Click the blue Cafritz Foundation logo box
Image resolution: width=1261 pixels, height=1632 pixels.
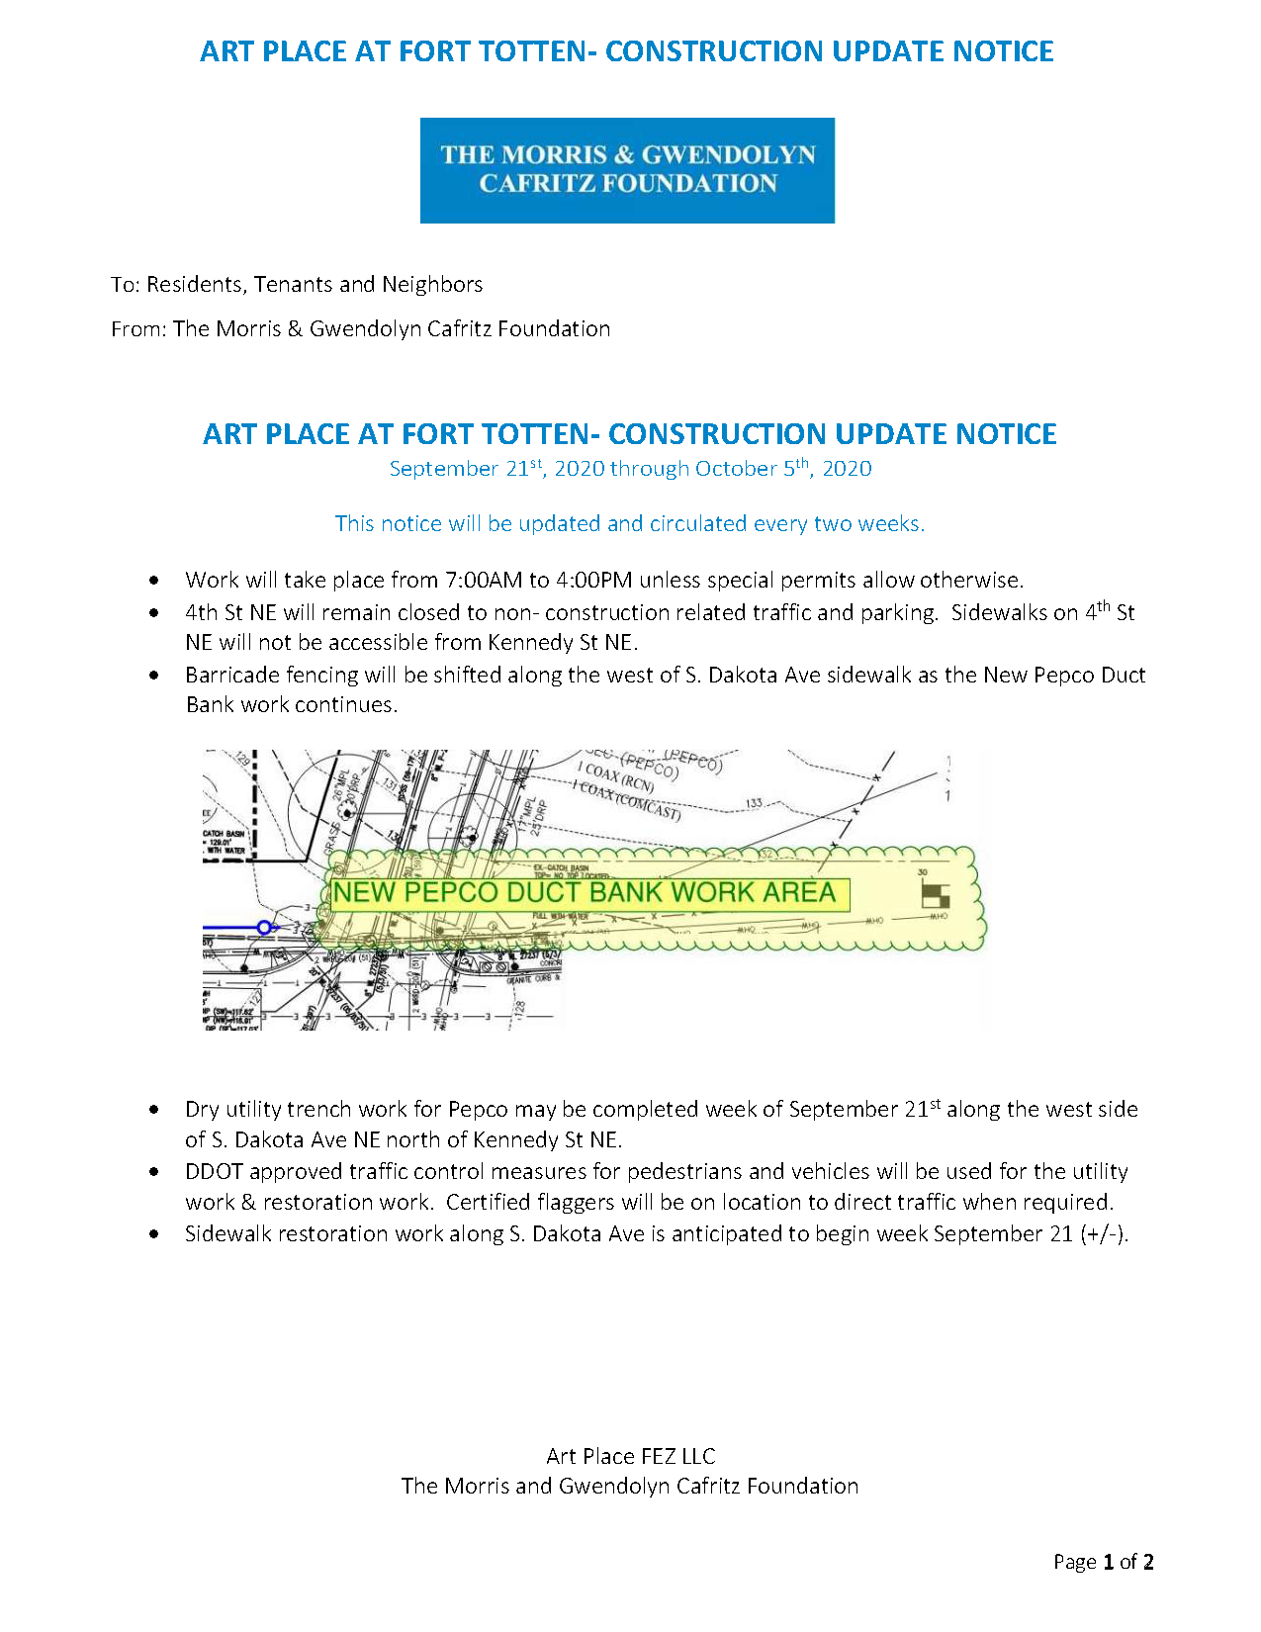[627, 170]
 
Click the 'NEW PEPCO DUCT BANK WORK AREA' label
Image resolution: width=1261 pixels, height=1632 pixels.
[585, 893]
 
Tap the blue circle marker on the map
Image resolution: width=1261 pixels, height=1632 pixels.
[264, 927]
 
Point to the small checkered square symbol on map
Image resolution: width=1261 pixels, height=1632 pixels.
[935, 895]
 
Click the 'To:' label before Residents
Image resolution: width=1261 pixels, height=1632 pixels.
[126, 285]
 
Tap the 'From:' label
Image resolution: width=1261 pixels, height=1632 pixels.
[138, 329]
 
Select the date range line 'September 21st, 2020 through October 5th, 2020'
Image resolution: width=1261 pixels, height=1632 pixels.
[630, 469]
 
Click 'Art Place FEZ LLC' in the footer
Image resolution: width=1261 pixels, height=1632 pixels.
[630, 1456]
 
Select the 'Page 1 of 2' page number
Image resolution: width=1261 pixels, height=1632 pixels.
[1103, 1562]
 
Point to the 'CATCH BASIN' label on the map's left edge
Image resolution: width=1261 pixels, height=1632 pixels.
[224, 834]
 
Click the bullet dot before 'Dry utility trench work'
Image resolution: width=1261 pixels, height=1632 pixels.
[154, 1111]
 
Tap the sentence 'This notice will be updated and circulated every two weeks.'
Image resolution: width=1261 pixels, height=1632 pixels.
[630, 524]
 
